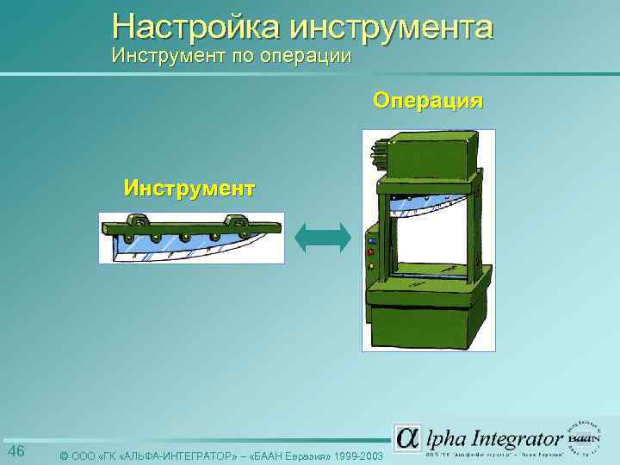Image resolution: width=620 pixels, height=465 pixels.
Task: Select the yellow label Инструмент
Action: tap(189, 187)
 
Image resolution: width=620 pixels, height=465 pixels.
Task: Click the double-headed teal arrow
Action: tap(323, 238)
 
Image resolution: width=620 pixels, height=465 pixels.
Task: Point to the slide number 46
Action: tap(16, 452)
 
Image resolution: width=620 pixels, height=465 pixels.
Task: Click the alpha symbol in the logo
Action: tap(407, 437)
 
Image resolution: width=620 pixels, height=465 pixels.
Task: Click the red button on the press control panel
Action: tap(370, 253)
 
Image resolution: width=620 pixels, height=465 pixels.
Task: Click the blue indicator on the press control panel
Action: tap(370, 241)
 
